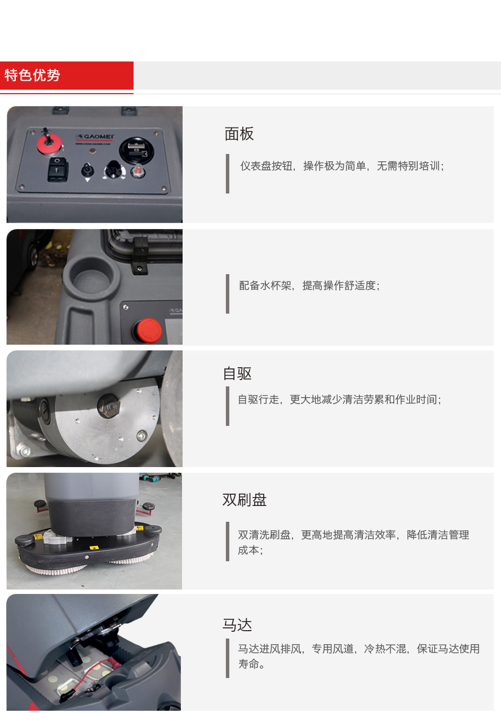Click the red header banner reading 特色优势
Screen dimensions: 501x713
click(66, 76)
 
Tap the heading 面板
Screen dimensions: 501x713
click(239, 134)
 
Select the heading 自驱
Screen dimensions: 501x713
click(237, 373)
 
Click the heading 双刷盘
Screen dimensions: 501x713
click(244, 499)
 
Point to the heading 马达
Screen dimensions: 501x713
click(237, 625)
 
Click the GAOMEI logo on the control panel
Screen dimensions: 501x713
click(95, 137)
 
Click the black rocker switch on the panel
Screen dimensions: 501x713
click(57, 169)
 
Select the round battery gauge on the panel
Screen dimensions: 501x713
click(136, 151)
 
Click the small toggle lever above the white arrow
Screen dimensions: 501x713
click(87, 170)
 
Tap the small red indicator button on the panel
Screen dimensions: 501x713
click(138, 171)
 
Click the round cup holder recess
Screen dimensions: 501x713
click(91, 275)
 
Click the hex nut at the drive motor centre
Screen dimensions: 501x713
click(108, 406)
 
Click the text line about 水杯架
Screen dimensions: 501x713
click(309, 285)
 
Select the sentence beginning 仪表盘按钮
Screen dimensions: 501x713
click(342, 166)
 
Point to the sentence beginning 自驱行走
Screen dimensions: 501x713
click(339, 399)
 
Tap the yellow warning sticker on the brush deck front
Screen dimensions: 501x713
click(94, 548)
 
